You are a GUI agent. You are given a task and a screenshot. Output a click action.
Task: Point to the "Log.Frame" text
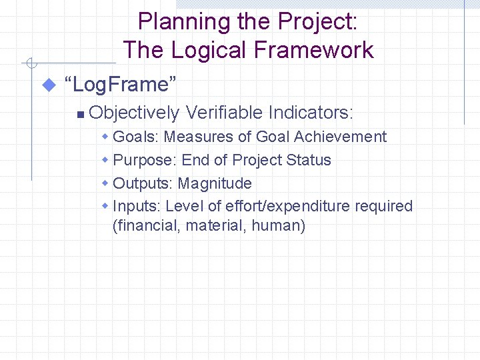click(120, 85)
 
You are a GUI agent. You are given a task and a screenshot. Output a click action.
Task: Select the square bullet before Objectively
click(79, 114)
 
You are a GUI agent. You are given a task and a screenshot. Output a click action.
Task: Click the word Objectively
click(133, 113)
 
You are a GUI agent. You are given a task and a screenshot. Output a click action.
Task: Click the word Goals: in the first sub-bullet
click(136, 137)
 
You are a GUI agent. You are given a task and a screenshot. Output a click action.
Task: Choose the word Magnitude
click(215, 183)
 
